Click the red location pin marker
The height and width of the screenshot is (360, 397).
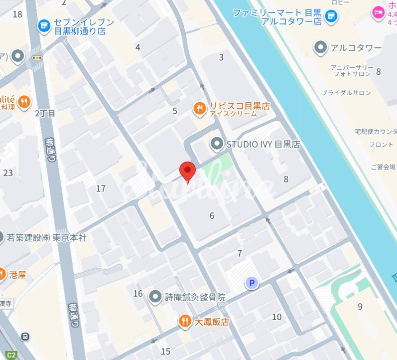pos(187,172)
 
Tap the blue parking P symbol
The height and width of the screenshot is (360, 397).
pos(252,284)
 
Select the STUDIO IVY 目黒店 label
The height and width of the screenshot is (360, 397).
pos(263,145)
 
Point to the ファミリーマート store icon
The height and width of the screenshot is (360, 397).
pos(330,17)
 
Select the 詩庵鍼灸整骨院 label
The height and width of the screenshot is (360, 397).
pos(195,297)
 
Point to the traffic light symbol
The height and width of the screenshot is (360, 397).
pos(37,58)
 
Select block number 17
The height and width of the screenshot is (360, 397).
pos(101,188)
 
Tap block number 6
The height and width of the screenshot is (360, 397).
pos(212,215)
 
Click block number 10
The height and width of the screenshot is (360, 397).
pos(277,317)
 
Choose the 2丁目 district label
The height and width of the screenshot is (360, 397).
pos(45,113)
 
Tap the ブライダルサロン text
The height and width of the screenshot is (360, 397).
pos(346,93)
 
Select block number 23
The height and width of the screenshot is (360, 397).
pos(8,173)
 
